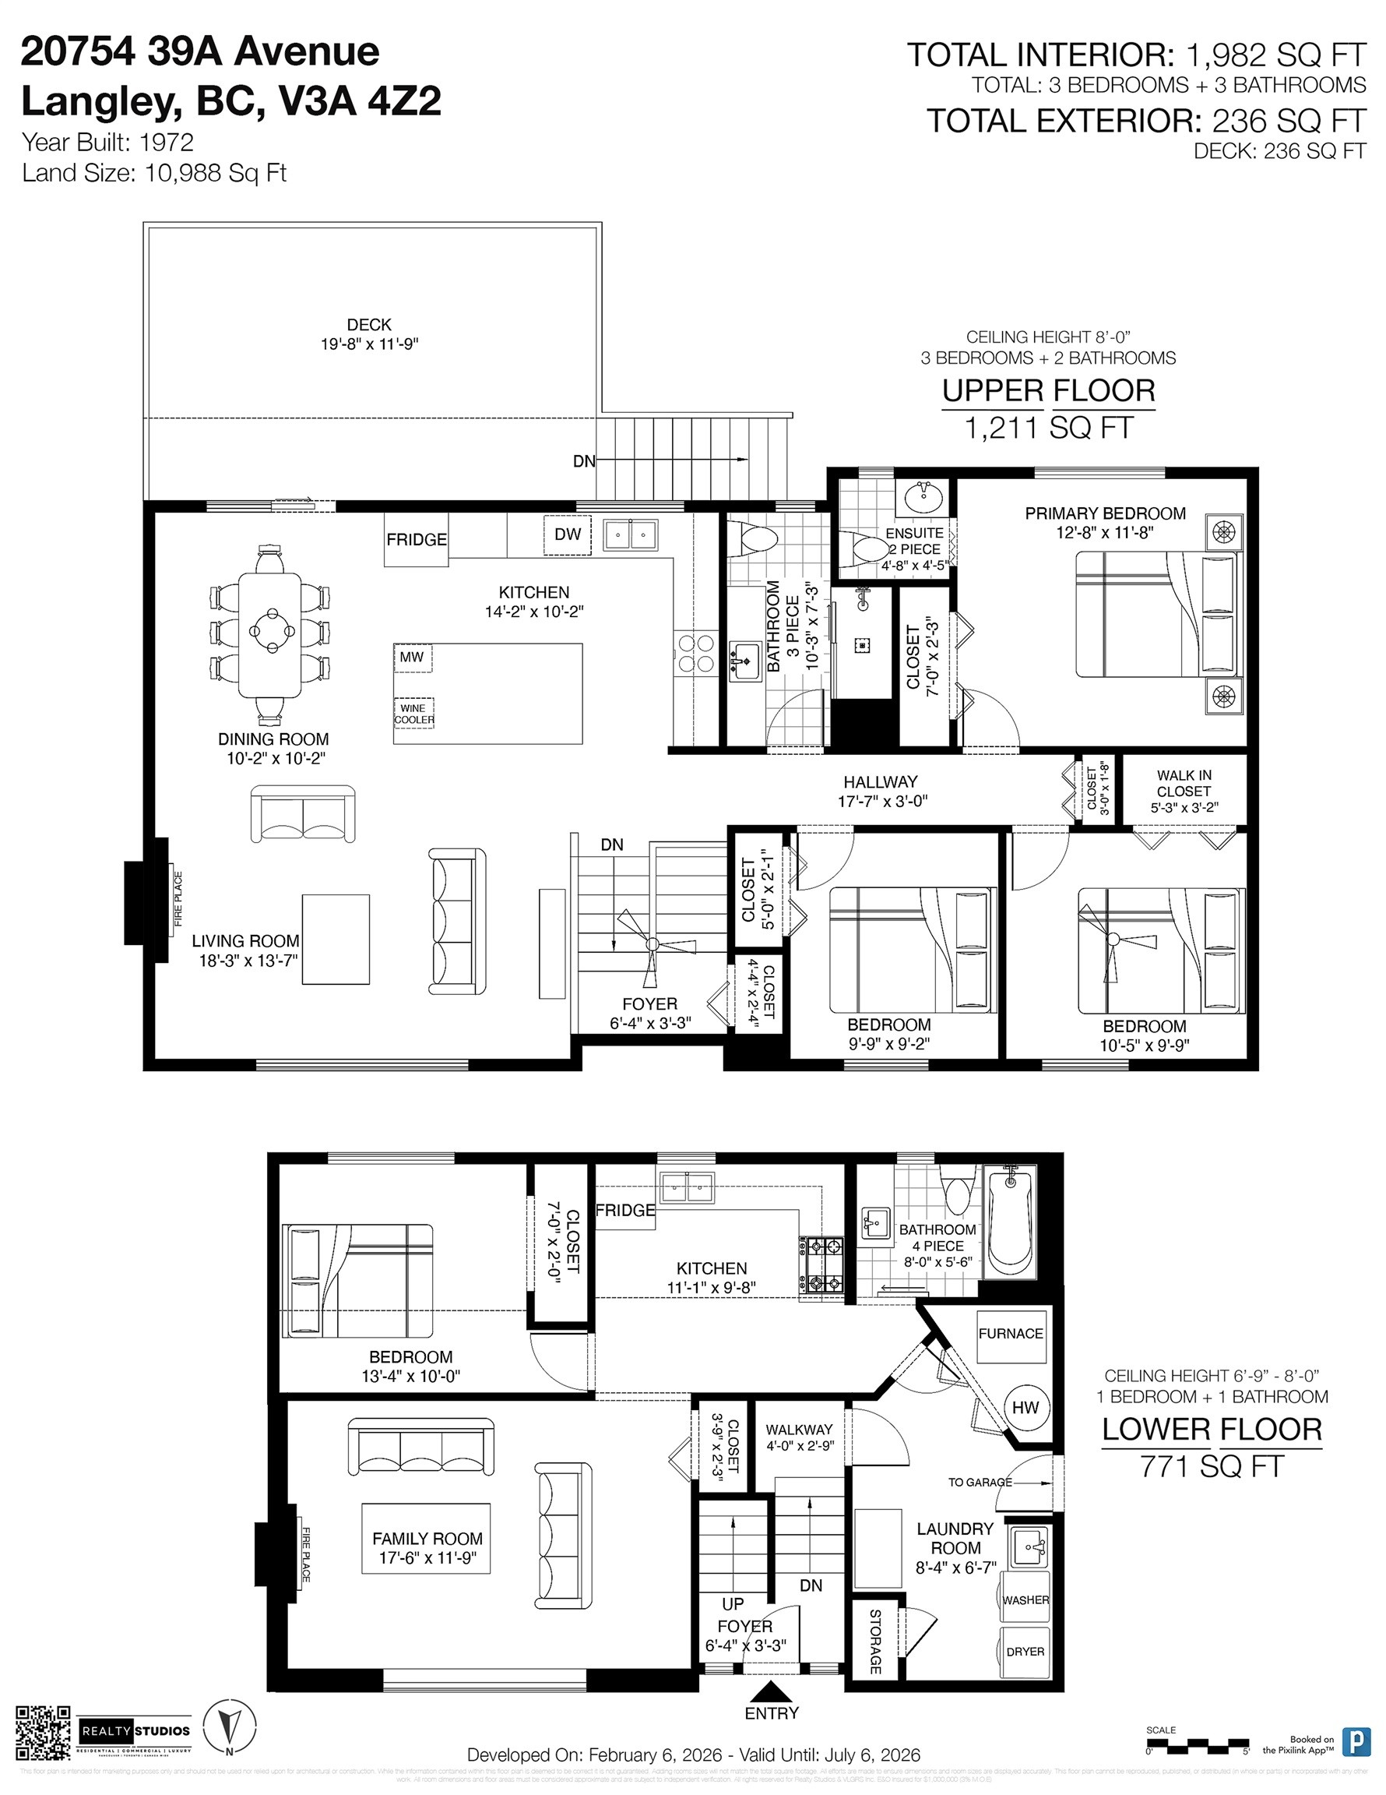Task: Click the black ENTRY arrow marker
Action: click(771, 1691)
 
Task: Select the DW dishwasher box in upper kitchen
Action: click(567, 534)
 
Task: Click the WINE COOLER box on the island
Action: click(413, 714)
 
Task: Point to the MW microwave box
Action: click(412, 657)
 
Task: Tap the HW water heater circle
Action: click(1025, 1407)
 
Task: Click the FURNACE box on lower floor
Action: click(1011, 1333)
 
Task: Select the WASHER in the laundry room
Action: click(1025, 1599)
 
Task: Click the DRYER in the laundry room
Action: click(1025, 1651)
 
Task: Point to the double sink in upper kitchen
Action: click(630, 535)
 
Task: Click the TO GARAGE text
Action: click(980, 1482)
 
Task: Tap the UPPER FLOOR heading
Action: click(1047, 390)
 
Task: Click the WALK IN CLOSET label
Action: click(1183, 791)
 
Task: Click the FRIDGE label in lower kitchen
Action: click(625, 1210)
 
